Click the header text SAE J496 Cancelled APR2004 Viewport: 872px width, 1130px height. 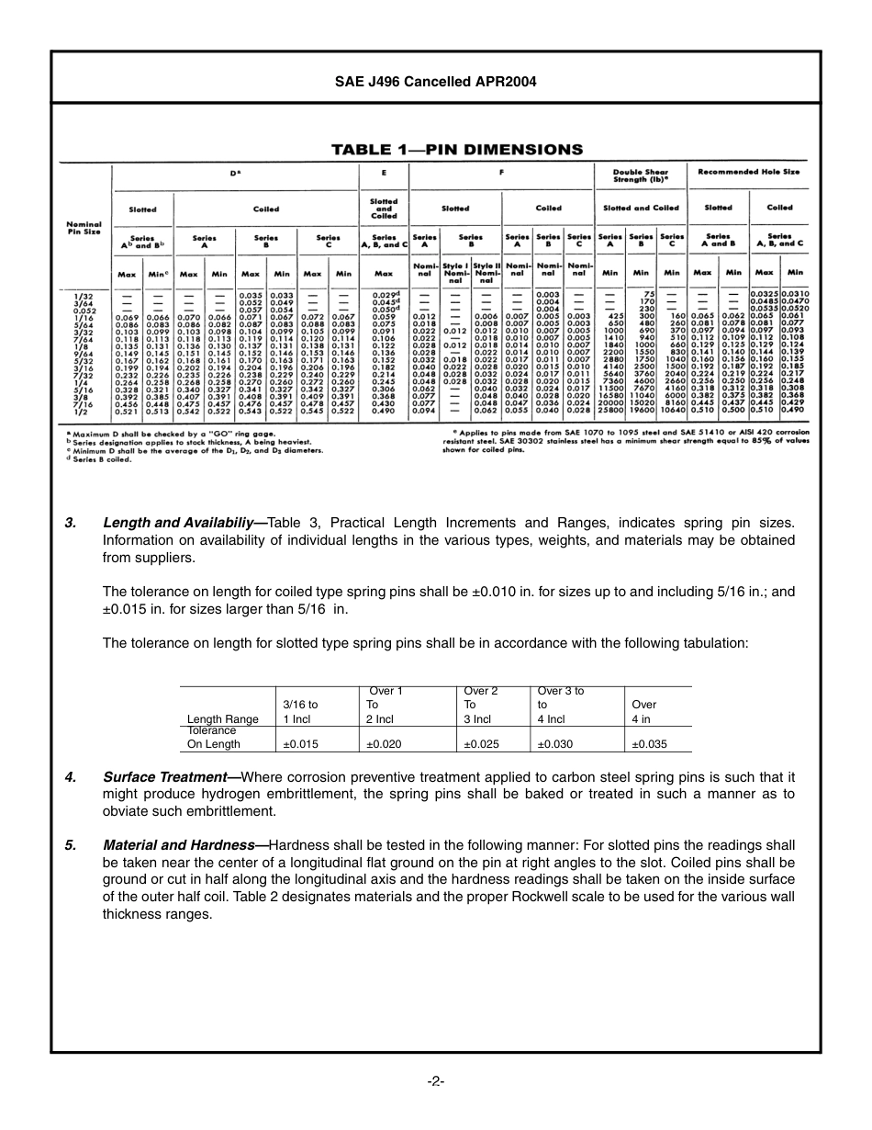436,81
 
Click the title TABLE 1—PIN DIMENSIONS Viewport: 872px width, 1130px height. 456,150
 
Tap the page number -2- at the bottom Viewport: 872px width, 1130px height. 436,1080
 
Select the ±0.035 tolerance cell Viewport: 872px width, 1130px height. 649,744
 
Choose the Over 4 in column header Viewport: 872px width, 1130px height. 644,711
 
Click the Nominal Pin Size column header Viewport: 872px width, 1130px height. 84,228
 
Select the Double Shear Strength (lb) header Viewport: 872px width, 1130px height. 641,175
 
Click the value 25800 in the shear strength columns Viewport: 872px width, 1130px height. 610,411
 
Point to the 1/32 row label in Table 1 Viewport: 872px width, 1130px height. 83,295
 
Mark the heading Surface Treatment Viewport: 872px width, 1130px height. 171,777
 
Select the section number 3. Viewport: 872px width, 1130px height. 71,523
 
